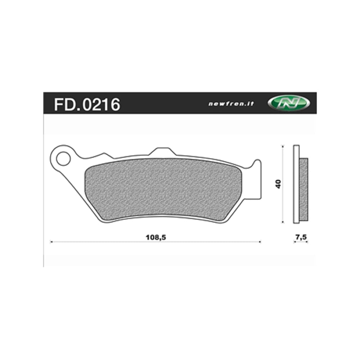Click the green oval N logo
[x=289, y=103]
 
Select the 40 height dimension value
[x=279, y=184]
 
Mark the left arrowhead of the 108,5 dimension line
[x=51, y=242]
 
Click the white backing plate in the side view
[x=296, y=184]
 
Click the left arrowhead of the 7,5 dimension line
[x=295, y=242]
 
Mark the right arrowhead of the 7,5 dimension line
[x=307, y=242]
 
